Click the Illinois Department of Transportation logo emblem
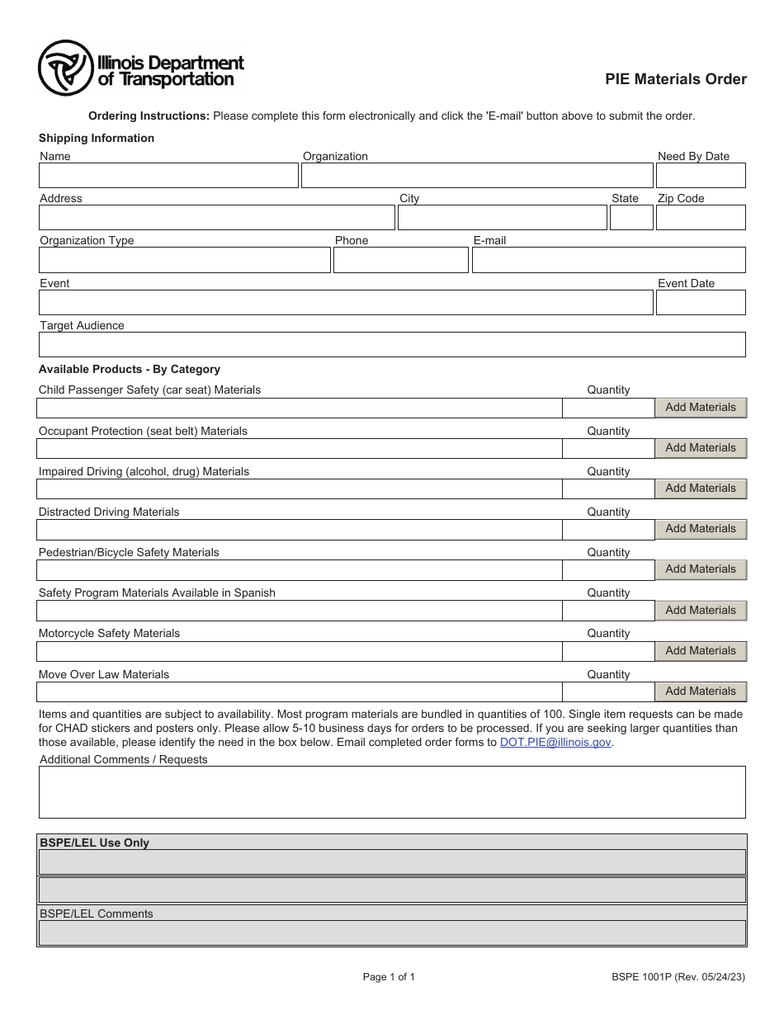(x=65, y=68)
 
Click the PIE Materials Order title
(x=676, y=79)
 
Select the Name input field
(x=168, y=176)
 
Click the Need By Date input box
(x=700, y=176)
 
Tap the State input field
(x=631, y=218)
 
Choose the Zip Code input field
(x=700, y=218)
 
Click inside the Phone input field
(x=400, y=260)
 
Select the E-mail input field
(x=608, y=260)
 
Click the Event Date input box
(x=700, y=302)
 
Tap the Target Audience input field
(x=392, y=344)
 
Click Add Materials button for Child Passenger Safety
(x=700, y=408)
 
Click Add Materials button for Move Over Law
(x=700, y=692)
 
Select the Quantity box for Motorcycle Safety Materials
(x=608, y=651)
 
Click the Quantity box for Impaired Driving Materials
(x=608, y=489)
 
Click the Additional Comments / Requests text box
(x=392, y=792)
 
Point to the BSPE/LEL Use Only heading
(x=95, y=843)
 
